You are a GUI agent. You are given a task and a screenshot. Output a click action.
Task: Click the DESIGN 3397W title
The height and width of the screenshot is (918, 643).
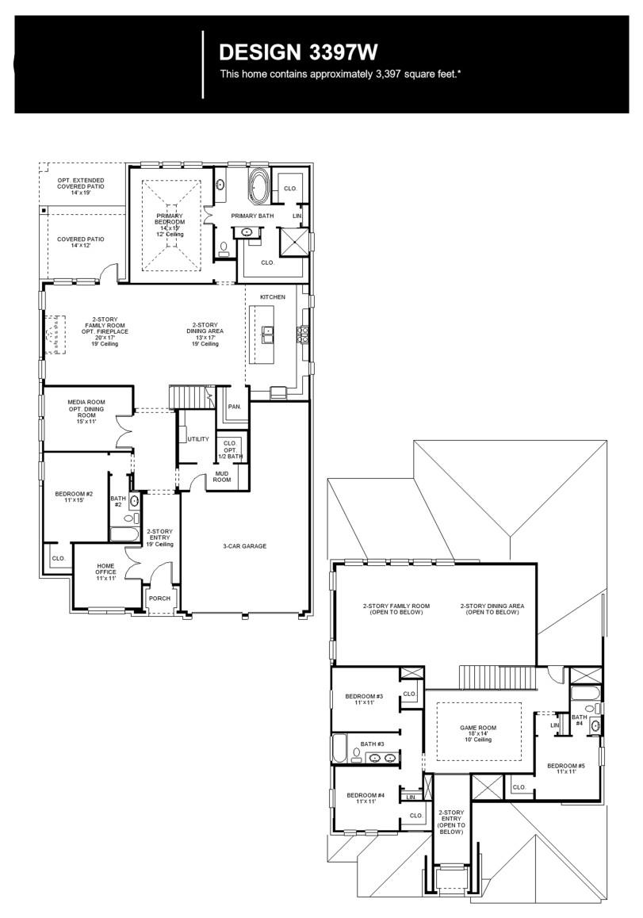tap(297, 52)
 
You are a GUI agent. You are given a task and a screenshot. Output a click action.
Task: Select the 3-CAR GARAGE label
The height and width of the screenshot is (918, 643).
tap(244, 546)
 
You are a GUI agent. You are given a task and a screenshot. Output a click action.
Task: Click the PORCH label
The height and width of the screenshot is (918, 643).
tap(159, 599)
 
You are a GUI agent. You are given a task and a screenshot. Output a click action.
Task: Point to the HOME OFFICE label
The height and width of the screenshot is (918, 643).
tap(105, 572)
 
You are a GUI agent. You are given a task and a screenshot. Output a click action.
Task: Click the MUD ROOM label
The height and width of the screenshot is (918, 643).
tap(221, 477)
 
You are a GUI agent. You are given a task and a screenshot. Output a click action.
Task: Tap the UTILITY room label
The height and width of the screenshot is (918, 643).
tap(198, 439)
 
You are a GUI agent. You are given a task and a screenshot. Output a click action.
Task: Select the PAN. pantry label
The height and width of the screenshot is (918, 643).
tap(235, 406)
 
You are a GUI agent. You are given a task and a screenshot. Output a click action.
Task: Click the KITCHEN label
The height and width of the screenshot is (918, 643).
tap(272, 297)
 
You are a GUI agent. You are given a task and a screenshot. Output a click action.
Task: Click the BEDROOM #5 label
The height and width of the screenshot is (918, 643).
tap(565, 768)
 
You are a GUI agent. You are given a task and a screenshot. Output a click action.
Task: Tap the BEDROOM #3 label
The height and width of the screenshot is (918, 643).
tap(364, 699)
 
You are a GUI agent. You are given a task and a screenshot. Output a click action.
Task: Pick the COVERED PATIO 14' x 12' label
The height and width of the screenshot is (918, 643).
tap(81, 243)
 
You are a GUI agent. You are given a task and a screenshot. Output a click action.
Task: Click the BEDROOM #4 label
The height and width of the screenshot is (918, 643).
tap(366, 798)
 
